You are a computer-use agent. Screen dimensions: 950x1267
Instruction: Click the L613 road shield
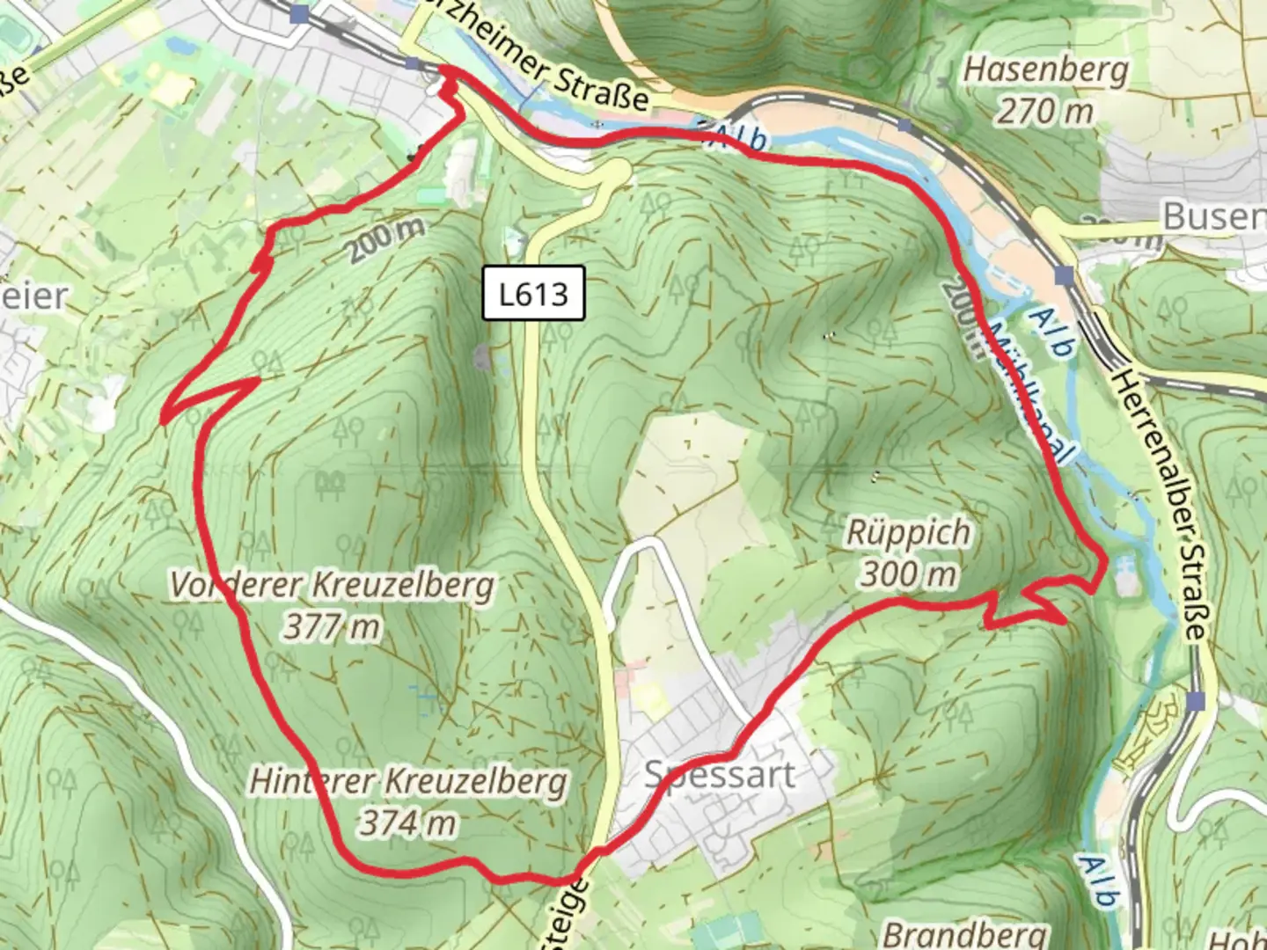pos(534,294)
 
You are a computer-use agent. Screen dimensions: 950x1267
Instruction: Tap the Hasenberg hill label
pos(1045,69)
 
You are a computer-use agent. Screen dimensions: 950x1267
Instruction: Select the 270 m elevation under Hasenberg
pos(1045,111)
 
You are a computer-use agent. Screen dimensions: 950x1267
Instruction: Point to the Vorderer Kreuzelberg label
pos(332,585)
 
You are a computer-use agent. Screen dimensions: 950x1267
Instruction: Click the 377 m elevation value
pos(332,627)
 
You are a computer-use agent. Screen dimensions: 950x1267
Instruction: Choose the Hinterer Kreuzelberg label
pos(408,781)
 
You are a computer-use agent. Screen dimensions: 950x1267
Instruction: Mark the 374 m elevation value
pos(408,823)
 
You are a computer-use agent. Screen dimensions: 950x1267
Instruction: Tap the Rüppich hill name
pos(908,532)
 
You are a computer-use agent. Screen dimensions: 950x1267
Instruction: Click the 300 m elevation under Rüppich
pos(908,574)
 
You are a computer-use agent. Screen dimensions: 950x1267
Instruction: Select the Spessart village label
pos(720,775)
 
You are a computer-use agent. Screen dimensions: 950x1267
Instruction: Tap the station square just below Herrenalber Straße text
pos(1196,701)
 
